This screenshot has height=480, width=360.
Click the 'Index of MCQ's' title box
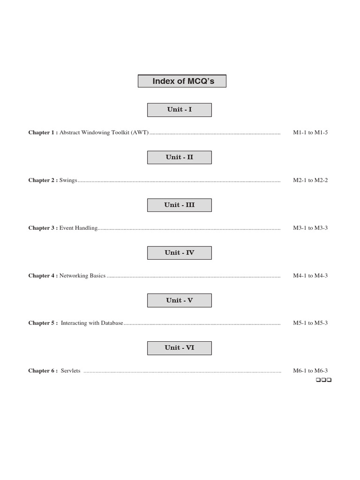[x=182, y=81]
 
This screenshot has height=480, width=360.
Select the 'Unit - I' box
[x=180, y=110]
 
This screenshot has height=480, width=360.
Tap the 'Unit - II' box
[x=180, y=157]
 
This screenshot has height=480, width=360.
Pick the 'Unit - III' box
[x=180, y=205]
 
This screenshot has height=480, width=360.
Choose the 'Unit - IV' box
[x=180, y=253]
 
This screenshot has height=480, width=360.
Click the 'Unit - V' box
[x=180, y=300]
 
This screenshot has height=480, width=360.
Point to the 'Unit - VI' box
[x=180, y=348]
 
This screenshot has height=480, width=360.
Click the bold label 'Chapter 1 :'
[x=43, y=133]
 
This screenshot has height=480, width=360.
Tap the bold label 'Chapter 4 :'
[x=43, y=276]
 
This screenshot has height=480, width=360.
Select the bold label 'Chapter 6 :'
[x=43, y=371]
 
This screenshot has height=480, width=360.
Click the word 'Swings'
[x=68, y=180]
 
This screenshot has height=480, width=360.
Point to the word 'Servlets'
[x=71, y=371]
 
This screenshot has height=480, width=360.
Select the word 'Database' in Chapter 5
[x=112, y=323]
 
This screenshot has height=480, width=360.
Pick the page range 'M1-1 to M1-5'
[x=310, y=133]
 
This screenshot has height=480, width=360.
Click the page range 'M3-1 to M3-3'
[x=310, y=228]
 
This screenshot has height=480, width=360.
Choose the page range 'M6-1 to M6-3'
[x=310, y=371]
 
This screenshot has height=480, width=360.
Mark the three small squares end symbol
[x=323, y=380]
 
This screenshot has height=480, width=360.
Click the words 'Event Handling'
[x=79, y=228]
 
